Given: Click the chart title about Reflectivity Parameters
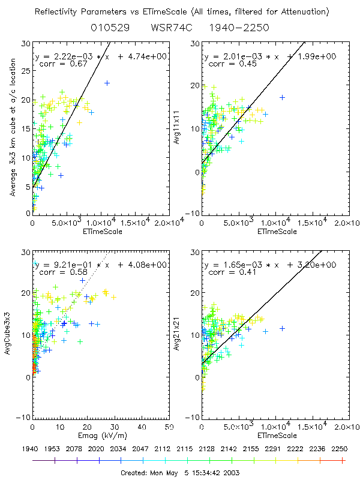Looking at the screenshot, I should point(180,12).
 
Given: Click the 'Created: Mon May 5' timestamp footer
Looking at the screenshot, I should point(180,473).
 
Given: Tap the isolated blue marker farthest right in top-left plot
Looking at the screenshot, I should point(107,83).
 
